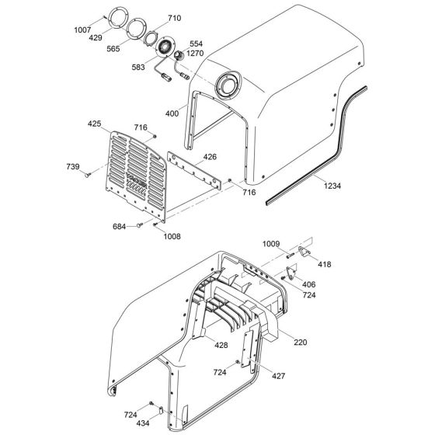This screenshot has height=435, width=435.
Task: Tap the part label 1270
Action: point(196,54)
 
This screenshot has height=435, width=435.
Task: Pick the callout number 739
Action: point(72,166)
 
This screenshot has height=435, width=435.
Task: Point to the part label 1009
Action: point(270,243)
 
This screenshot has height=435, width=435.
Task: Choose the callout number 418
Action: point(325,265)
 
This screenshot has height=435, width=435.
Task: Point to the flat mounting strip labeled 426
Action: point(190,170)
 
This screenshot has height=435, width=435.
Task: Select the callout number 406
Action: point(308,284)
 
